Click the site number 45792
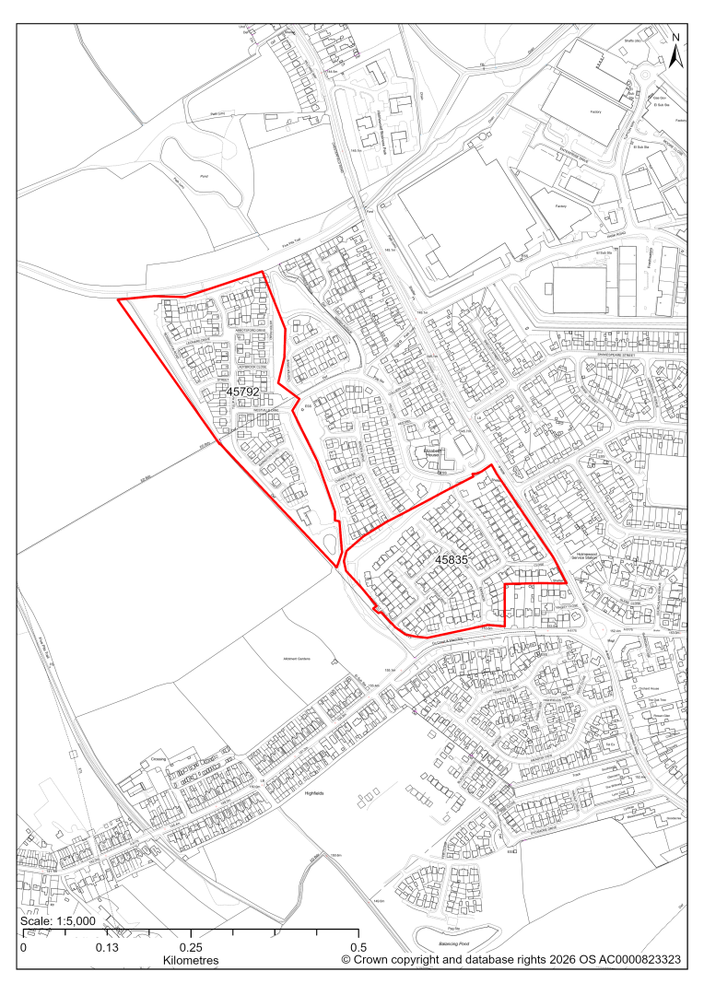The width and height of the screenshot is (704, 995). pos(241,392)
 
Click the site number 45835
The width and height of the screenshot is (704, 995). pos(454,558)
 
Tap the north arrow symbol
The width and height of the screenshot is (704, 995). pos(675,52)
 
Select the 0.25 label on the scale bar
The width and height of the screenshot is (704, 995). pos(191,947)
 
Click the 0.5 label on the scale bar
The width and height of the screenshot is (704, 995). pos(358,947)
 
